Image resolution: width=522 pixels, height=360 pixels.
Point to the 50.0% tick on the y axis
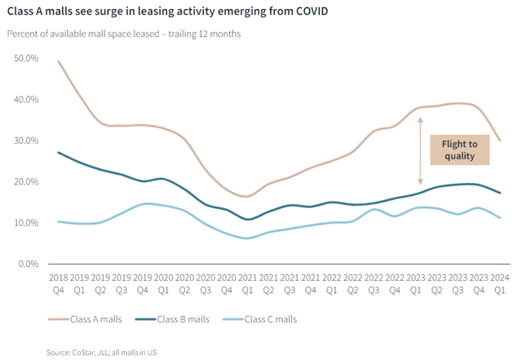(x=26, y=59)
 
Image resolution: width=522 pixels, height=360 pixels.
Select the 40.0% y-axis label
(x=26, y=100)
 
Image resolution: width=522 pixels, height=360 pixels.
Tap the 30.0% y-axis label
(x=26, y=140)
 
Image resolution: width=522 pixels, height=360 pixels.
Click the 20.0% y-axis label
(x=26, y=182)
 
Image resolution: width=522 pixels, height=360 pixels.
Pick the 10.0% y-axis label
(x=26, y=223)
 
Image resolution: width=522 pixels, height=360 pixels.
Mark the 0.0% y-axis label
(x=29, y=264)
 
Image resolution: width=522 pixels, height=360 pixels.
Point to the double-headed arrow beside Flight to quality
(x=421, y=150)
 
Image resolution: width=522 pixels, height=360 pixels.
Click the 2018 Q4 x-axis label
(x=59, y=283)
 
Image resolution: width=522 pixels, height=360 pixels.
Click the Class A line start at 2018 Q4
(x=59, y=61)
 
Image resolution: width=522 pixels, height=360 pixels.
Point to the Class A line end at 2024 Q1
(x=499, y=140)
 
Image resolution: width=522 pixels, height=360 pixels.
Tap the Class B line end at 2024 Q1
(x=499, y=193)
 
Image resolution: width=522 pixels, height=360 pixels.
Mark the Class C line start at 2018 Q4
(x=59, y=221)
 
